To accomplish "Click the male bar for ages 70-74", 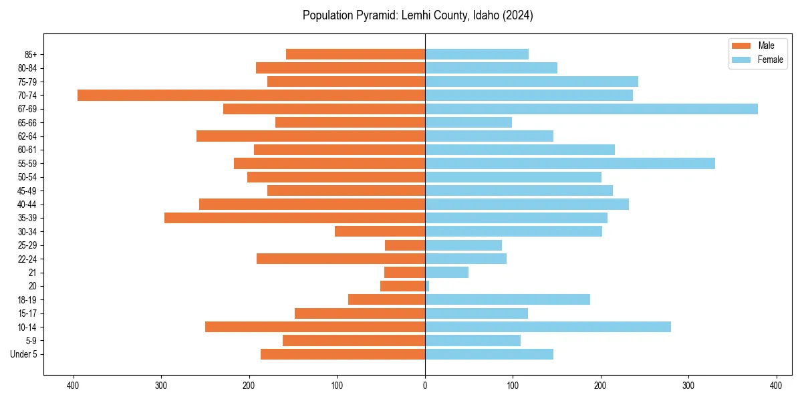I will click(251, 95).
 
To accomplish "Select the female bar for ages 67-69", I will click(591, 109).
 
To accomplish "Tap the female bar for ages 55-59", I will click(570, 163).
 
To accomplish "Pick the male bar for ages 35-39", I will click(295, 218).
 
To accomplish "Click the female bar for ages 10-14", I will click(548, 327).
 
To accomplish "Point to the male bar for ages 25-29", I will click(405, 245).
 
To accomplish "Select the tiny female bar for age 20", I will click(427, 286).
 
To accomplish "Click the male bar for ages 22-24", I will click(341, 259).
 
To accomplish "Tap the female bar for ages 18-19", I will click(508, 299).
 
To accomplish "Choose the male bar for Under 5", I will click(343, 354).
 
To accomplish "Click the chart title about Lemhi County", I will click(418, 15).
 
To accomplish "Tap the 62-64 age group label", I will click(27, 136).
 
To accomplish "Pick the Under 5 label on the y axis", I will click(23, 354).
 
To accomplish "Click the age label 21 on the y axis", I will click(33, 273).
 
